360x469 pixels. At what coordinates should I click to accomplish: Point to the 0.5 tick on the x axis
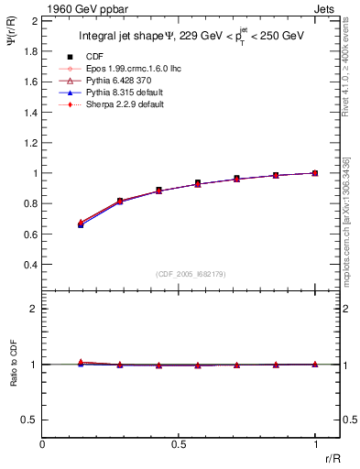179,443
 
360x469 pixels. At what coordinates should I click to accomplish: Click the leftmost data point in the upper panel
82,224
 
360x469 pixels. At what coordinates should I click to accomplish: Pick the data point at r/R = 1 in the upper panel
315,172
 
